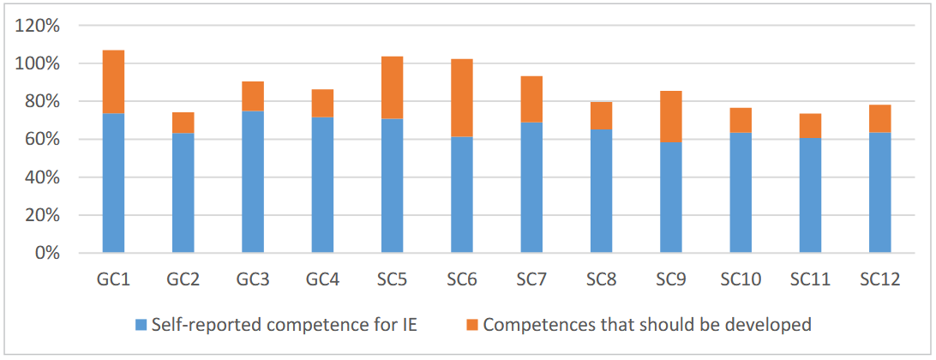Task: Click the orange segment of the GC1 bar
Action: point(113,81)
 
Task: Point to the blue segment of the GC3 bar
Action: point(253,182)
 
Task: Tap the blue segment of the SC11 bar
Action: point(811,195)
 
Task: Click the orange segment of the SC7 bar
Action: point(531,99)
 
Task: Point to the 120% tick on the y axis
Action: point(37,26)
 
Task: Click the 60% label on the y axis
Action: point(41,140)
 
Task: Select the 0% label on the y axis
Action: point(45,253)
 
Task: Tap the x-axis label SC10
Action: point(741,279)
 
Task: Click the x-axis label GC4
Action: point(322,279)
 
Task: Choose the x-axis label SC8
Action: point(601,279)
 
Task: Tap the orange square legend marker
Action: point(471,326)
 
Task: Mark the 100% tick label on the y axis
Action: point(37,64)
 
